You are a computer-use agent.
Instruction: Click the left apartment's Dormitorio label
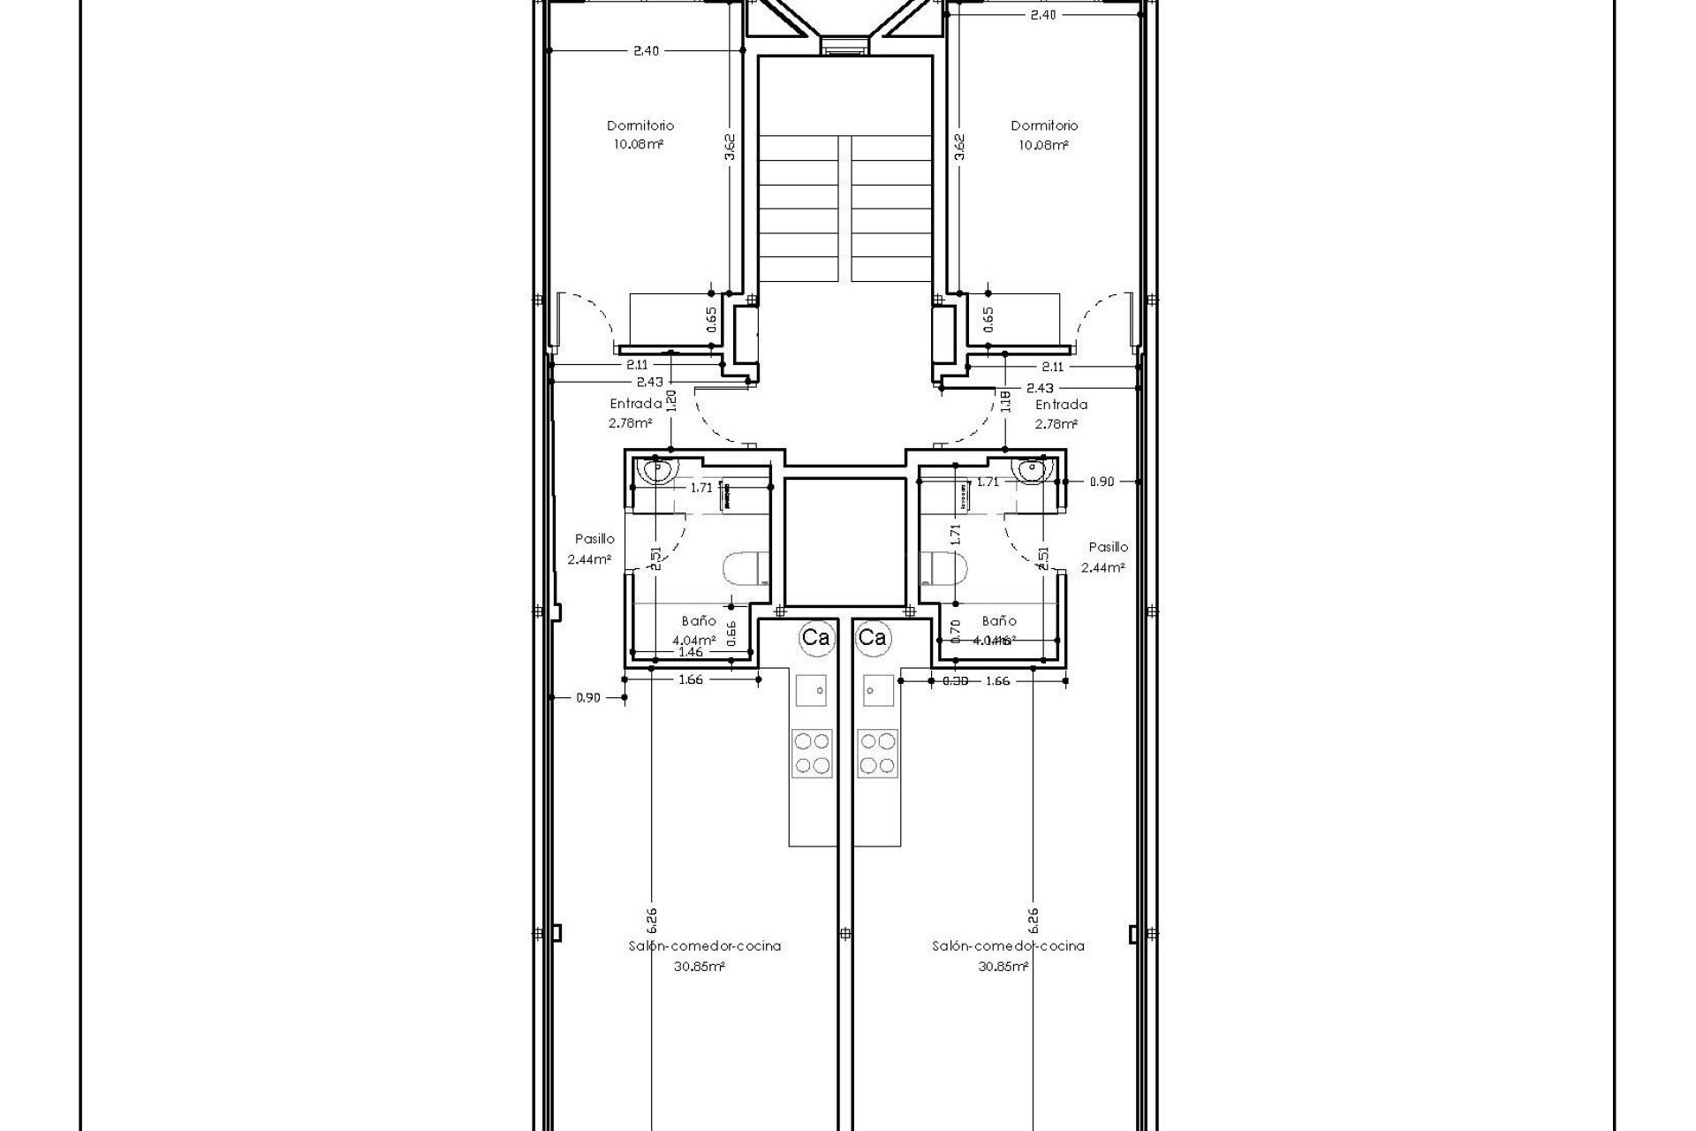[x=640, y=125]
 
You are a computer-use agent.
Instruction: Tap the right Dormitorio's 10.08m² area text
[x=1043, y=145]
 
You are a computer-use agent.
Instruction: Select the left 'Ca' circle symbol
[x=814, y=637]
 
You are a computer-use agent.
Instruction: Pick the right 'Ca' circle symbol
[x=872, y=637]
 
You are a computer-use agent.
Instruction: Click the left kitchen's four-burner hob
[x=811, y=752]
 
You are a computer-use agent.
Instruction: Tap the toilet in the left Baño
[x=746, y=570]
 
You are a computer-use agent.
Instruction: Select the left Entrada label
[x=635, y=404]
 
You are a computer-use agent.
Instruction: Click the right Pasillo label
[x=1108, y=547]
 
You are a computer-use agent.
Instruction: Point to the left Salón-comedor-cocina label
[x=704, y=945]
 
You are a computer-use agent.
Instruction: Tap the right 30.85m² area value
[x=1003, y=967]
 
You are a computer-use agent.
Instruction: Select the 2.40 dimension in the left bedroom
[x=646, y=50]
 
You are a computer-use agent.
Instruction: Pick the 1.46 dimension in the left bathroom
[x=691, y=652]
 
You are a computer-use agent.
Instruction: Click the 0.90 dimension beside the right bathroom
[x=1102, y=482]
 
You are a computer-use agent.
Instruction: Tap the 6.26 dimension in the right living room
[x=1033, y=920]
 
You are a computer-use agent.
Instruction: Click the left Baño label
[x=699, y=621]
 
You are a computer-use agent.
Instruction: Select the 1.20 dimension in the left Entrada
[x=671, y=401]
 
